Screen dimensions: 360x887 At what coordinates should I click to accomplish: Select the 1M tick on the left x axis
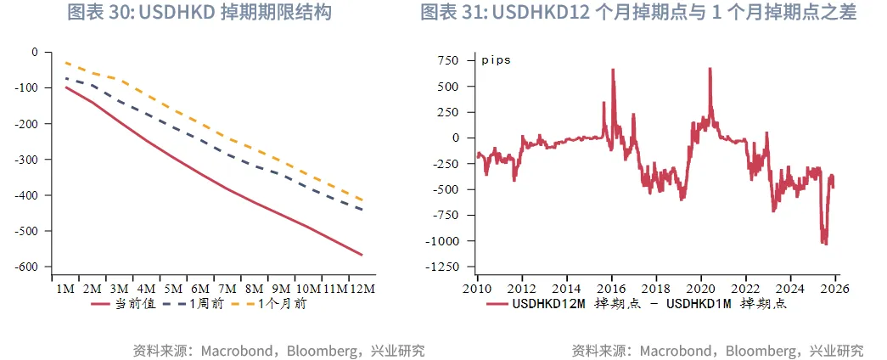pyautogui.click(x=65, y=289)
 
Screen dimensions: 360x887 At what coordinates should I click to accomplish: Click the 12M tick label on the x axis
pyautogui.click(x=362, y=289)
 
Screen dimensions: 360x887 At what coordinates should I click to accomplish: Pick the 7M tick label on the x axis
pyautogui.click(x=227, y=289)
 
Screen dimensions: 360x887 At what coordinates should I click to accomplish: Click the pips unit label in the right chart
pyautogui.click(x=497, y=60)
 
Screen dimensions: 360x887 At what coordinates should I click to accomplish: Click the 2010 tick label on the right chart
pyautogui.click(x=477, y=289)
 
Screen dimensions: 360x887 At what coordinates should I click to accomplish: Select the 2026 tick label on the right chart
pyautogui.click(x=836, y=289)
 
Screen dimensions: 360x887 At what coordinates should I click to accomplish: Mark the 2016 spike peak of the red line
pyautogui.click(x=613, y=70)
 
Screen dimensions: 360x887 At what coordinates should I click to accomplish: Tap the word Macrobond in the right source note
pyautogui.click(x=670, y=350)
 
